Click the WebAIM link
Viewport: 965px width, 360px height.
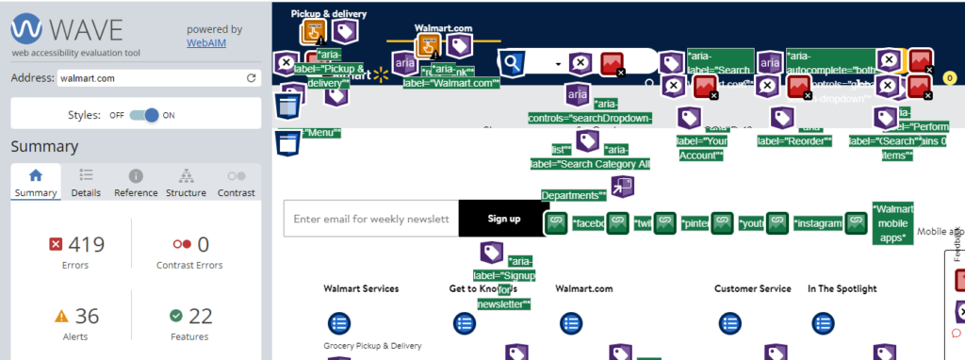(205, 42)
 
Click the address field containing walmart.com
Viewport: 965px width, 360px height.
(150, 78)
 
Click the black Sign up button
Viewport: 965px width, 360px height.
(503, 219)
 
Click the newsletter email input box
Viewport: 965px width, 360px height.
(371, 219)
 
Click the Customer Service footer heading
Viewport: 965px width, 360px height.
(752, 288)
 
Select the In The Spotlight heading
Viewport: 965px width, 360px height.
(842, 288)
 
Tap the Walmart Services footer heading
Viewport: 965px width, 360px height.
(361, 288)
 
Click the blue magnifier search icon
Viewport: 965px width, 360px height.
(512, 63)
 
